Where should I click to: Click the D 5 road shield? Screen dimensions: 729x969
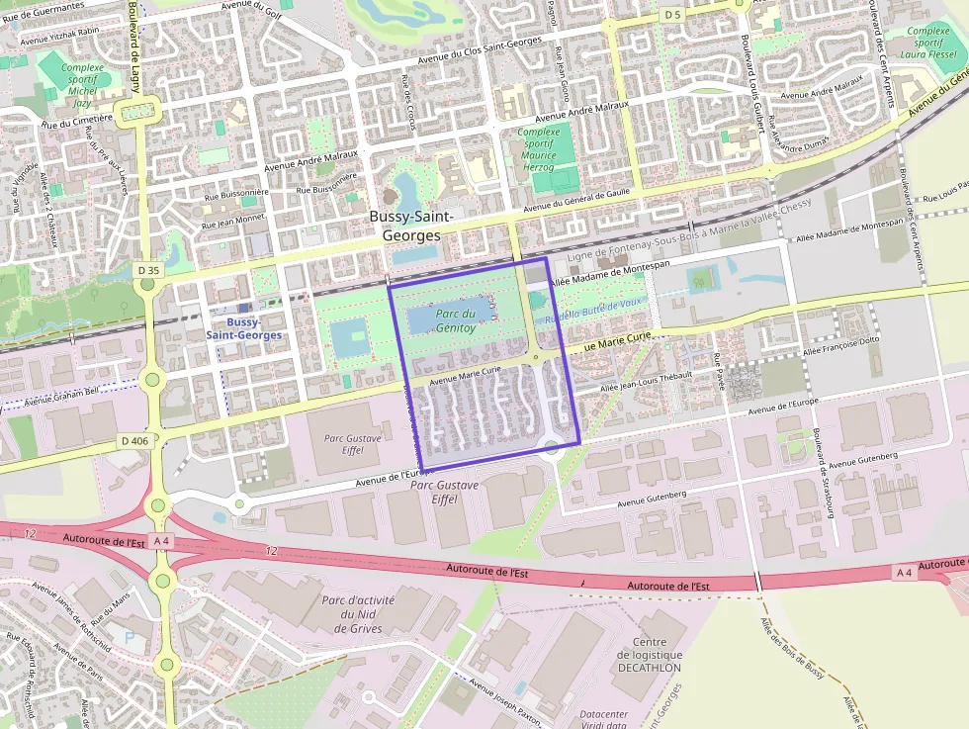coord(672,15)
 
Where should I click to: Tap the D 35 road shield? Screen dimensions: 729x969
coord(148,270)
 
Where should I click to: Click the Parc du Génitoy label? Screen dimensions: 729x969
coord(456,320)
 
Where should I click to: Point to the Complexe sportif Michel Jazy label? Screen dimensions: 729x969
coord(83,85)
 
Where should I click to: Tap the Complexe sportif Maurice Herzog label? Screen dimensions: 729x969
coord(539,149)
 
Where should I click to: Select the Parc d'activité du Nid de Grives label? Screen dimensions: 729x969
coord(358,613)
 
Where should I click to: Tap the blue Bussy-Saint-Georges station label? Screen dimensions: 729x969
coord(243,328)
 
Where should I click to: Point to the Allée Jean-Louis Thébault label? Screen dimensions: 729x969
coord(648,384)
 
